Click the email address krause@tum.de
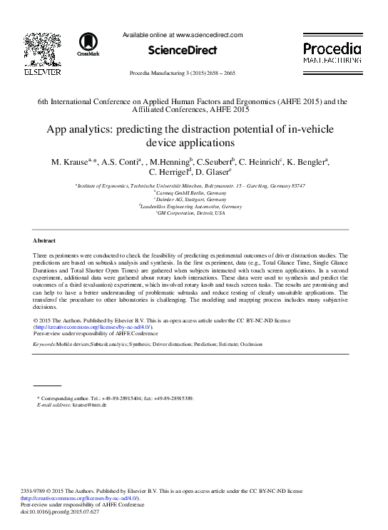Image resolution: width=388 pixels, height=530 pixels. click(x=91, y=404)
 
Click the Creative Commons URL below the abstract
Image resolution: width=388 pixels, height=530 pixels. click(x=93, y=327)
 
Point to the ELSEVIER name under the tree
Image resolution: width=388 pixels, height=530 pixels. click(x=43, y=71)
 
